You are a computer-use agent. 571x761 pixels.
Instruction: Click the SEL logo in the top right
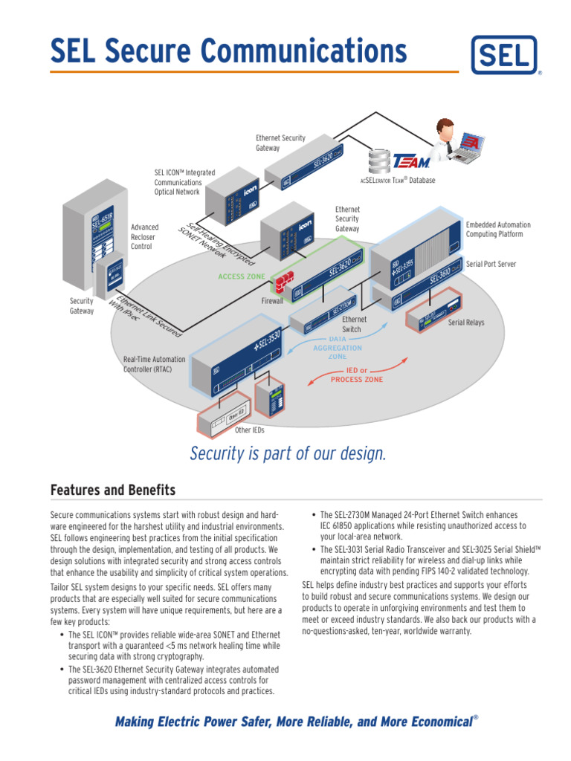[x=506, y=56]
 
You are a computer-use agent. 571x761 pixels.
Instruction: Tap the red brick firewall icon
[x=283, y=284]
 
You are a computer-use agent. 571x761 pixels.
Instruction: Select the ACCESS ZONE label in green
[x=241, y=276]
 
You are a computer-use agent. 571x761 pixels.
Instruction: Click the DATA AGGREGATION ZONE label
[x=337, y=347]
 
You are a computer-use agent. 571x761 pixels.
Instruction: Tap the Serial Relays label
[x=466, y=323]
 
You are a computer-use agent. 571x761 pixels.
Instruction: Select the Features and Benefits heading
[x=112, y=490]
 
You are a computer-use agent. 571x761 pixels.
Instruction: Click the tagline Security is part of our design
[x=288, y=453]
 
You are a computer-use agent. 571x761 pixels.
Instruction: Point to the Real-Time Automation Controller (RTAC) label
[x=155, y=363]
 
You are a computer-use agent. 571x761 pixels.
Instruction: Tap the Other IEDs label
[x=249, y=430]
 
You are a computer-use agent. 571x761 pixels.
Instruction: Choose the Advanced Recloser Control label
[x=145, y=236]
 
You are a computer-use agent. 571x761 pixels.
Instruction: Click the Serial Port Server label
[x=491, y=264]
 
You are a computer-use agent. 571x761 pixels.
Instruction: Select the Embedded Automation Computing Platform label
[x=498, y=229]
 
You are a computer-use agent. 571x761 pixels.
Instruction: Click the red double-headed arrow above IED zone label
[x=358, y=369]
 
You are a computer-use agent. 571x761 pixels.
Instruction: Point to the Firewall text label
[x=272, y=302]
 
